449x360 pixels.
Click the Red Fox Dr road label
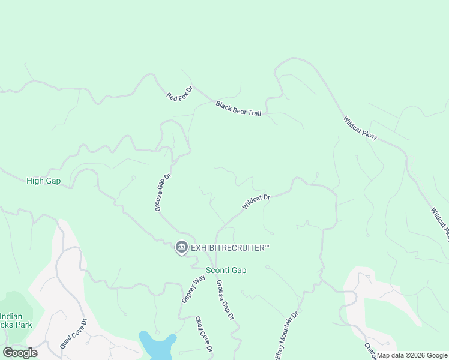pos(179,94)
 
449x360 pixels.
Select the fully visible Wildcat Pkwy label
pos(360,128)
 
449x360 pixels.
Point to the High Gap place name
pos(44,181)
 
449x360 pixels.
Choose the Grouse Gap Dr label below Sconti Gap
pos(224,300)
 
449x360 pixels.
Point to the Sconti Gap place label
pos(226,271)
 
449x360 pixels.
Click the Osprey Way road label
pos(189,289)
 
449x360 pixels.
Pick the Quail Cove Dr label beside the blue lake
pos(204,335)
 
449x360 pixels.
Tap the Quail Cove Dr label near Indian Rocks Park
pos(73,334)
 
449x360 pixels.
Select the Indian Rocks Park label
pos(15,320)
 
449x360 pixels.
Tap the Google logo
pos(20,353)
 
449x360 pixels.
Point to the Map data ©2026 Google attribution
pos(412,355)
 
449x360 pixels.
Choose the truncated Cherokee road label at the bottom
pos(370,352)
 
